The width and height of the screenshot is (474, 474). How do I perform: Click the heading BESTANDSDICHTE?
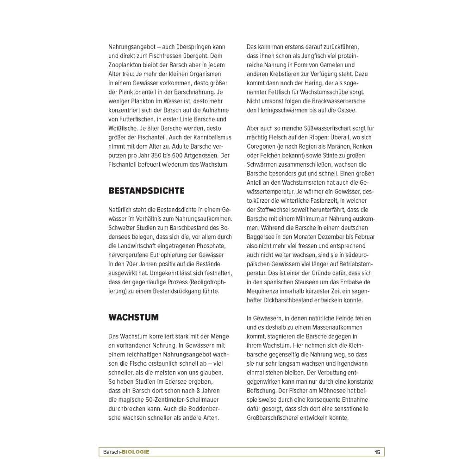[x=146, y=191]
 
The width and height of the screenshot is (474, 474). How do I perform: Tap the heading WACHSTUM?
[x=133, y=318]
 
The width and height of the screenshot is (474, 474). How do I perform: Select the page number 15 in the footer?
[x=377, y=452]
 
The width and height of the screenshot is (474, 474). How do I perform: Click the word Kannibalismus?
[x=206, y=137]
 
